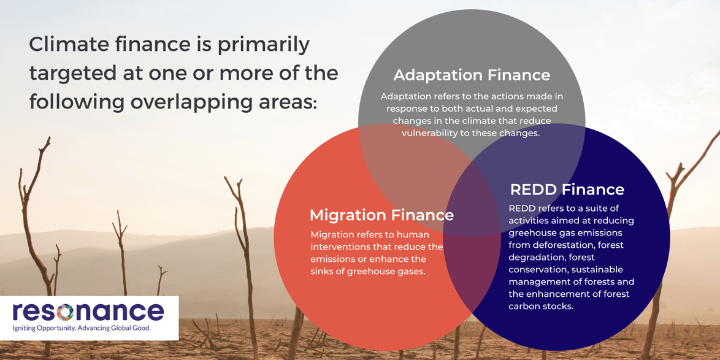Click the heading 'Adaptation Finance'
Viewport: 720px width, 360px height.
coord(472,75)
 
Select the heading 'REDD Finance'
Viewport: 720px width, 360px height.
coord(567,190)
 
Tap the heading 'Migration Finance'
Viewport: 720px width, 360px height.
coord(381,215)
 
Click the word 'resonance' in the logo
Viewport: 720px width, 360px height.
coord(88,312)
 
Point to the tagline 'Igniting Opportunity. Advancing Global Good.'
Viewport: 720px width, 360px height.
coord(82,328)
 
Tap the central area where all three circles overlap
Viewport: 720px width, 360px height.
coord(471,196)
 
